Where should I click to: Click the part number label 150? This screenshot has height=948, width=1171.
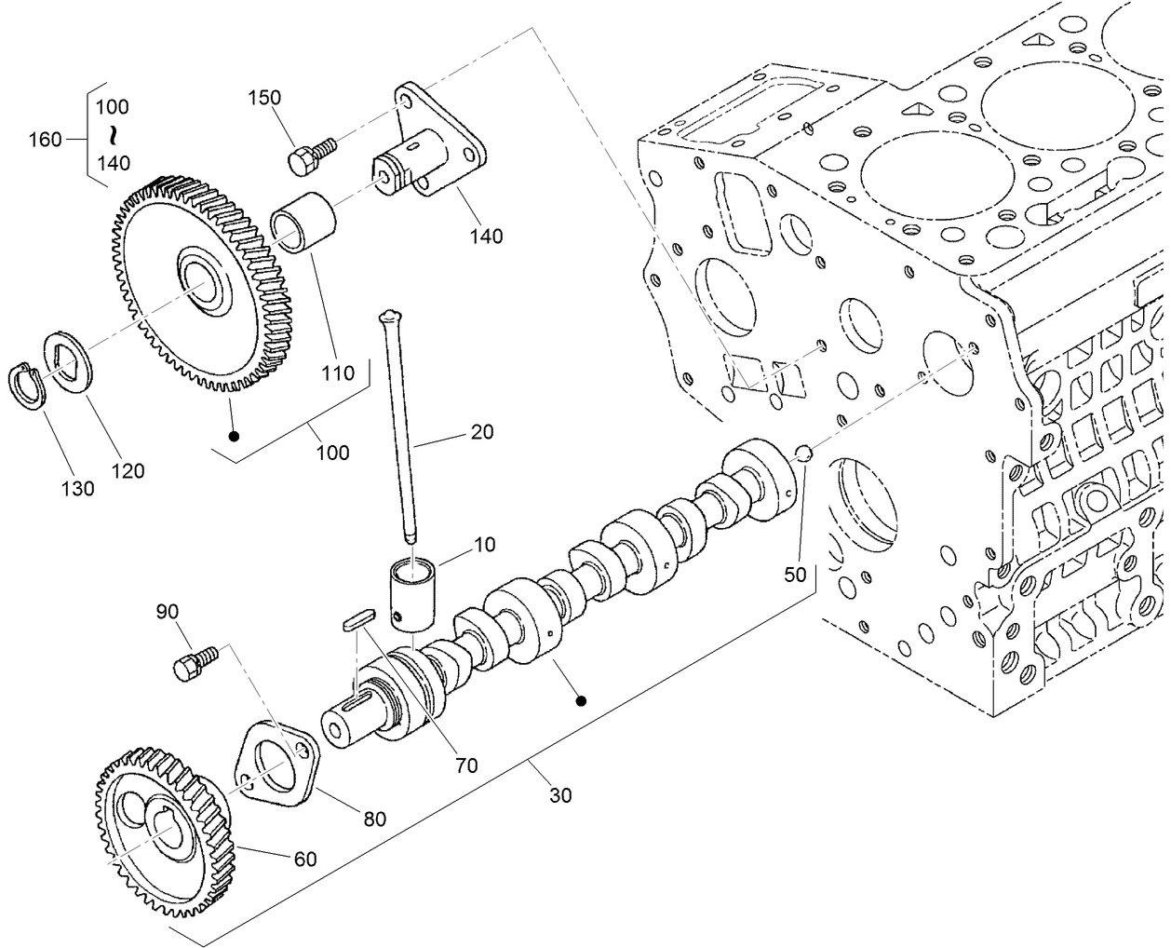point(264,98)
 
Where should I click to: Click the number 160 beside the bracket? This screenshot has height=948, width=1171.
point(45,140)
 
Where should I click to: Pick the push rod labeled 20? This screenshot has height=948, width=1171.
point(398,428)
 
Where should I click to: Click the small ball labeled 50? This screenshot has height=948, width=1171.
point(804,454)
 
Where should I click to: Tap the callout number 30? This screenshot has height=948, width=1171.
point(560,794)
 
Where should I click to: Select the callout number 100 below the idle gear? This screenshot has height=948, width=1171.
point(332,453)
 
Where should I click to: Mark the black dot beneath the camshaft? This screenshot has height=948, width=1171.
point(581,701)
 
